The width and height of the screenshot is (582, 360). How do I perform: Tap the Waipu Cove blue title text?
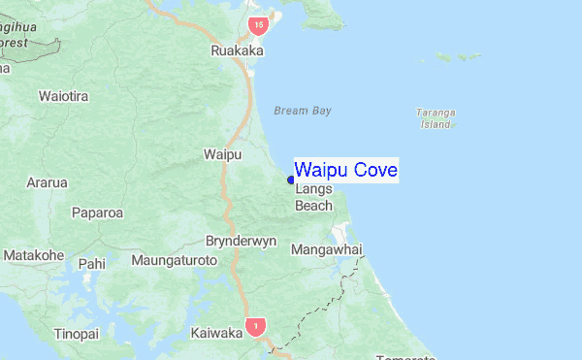click(x=345, y=171)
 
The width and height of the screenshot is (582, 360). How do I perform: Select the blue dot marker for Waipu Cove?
click(x=291, y=180)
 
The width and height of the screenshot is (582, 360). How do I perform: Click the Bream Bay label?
click(x=302, y=111)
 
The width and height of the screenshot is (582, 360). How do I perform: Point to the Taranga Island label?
click(x=435, y=117)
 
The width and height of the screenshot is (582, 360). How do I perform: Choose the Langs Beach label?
click(x=313, y=198)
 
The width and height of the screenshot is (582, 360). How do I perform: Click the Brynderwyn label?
click(x=242, y=241)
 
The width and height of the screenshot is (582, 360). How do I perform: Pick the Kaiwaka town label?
click(x=216, y=333)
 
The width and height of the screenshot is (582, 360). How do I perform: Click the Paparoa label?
click(x=97, y=212)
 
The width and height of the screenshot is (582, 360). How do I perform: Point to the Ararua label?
click(x=47, y=182)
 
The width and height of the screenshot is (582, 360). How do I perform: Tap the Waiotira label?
click(x=64, y=96)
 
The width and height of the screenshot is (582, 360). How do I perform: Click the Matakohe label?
click(x=34, y=255)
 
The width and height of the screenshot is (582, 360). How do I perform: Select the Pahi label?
click(x=91, y=263)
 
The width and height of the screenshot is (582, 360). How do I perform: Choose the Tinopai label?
click(x=77, y=334)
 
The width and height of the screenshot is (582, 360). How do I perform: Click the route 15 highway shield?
click(x=256, y=23)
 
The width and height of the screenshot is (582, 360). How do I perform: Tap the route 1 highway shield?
click(x=254, y=325)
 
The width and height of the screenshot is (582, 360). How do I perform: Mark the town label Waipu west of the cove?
click(x=221, y=154)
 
